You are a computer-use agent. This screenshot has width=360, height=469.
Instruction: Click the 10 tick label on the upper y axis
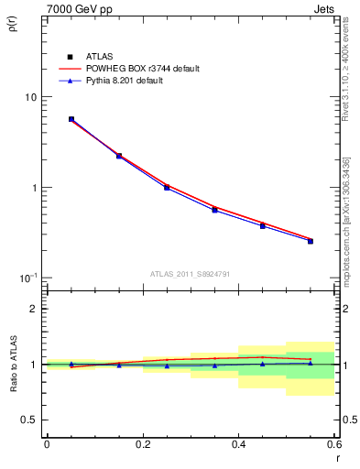click(x=31, y=97)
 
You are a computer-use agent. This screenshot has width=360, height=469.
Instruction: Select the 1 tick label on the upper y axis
click(x=34, y=188)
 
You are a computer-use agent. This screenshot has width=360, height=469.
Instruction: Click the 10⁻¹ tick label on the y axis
click(x=28, y=278)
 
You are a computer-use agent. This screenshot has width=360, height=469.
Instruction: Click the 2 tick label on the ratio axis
click(x=34, y=309)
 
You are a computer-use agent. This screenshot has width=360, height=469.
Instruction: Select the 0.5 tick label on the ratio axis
click(x=30, y=420)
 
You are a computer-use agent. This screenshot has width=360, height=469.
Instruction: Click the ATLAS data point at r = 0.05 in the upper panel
click(x=71, y=119)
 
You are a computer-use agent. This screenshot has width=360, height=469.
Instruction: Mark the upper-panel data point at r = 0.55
click(x=311, y=241)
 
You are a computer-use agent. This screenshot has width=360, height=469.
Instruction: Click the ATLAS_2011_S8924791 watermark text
click(x=191, y=273)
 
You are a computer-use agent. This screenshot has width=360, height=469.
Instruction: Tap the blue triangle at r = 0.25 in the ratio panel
click(x=167, y=365)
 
